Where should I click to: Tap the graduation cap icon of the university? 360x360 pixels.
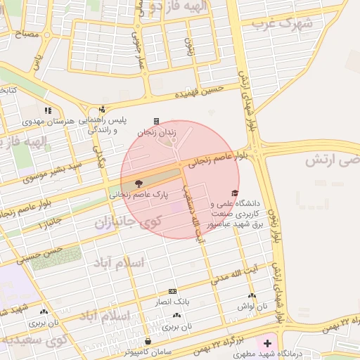click(x=234, y=193)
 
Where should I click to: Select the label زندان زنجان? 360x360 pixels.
click(x=155, y=131)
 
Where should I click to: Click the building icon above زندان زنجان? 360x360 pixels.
click(x=156, y=121)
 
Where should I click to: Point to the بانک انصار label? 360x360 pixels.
click(x=172, y=302)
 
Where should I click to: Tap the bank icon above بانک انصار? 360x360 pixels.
click(x=172, y=292)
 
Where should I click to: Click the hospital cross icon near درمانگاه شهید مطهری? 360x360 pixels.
click(x=266, y=344)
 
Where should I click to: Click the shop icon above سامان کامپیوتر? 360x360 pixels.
click(x=147, y=341)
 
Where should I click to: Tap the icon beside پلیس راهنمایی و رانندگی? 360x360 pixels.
click(x=103, y=109)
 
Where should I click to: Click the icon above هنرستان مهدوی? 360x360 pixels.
click(x=48, y=110)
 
